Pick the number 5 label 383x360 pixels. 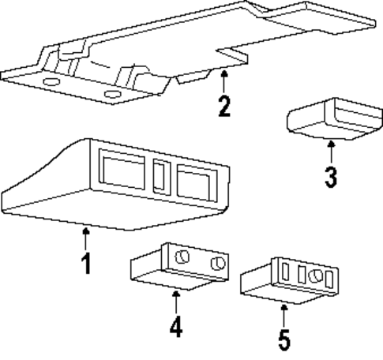coord(283,339)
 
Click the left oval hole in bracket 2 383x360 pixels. coord(51,84)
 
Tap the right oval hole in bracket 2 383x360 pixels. coord(113,96)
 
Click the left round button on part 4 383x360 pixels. coord(182,256)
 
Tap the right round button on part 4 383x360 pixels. coord(218,262)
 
